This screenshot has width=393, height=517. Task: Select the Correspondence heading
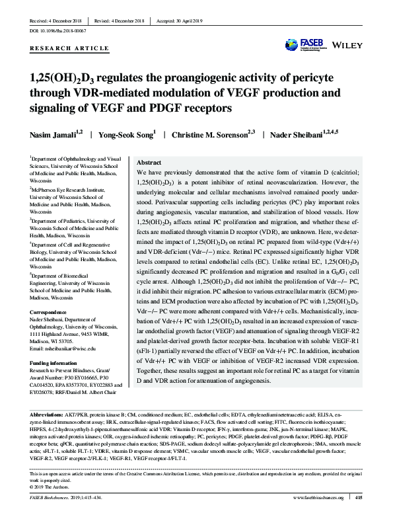pos(48,309)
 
